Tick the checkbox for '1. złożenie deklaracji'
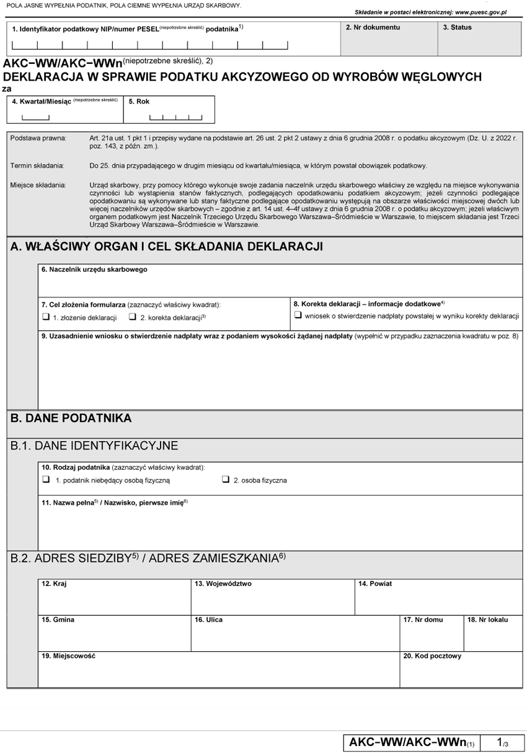click(46, 317)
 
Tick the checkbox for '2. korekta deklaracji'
click(133, 317)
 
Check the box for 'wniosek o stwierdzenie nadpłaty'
click(298, 316)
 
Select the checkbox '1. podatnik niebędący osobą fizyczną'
click(46, 480)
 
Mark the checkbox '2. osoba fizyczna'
click(225, 480)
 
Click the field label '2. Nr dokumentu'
click(373, 28)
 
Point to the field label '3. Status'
click(457, 28)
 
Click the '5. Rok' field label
click(138, 102)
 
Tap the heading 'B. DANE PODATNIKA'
click(71, 418)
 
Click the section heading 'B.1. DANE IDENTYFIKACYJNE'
click(94, 445)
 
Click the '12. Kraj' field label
click(54, 584)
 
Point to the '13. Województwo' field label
click(223, 584)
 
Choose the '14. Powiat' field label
click(375, 584)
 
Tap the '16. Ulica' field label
click(208, 620)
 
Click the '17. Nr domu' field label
click(423, 620)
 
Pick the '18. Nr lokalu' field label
click(488, 620)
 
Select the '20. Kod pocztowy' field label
click(432, 655)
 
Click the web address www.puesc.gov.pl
click(480, 12)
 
